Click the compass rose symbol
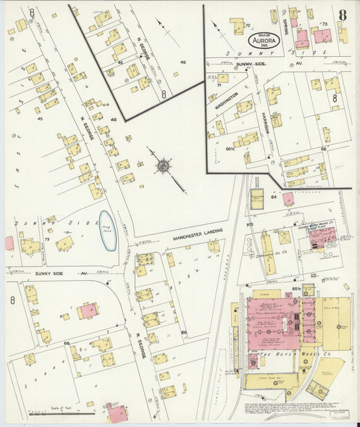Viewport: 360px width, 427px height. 163,165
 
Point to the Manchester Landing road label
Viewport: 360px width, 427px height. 178,238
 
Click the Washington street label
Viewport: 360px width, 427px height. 227,101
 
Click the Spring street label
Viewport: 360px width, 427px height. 286,27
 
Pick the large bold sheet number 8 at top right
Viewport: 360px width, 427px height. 343,15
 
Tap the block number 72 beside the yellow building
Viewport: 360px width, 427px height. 248,25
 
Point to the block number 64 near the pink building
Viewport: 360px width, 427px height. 274,197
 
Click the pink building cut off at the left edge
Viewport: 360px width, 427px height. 9,243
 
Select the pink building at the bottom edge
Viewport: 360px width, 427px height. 115,413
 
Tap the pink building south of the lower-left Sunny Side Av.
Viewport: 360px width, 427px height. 87,311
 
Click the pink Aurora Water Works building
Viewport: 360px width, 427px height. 322,238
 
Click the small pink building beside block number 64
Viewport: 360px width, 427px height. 288,199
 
